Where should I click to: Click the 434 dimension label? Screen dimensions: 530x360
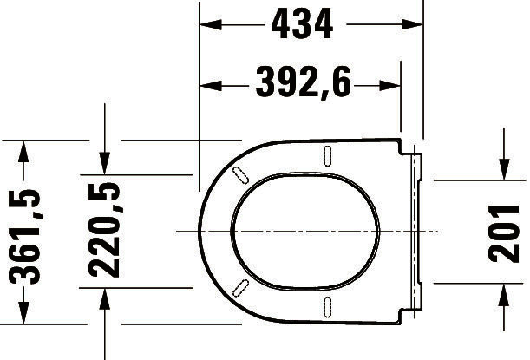(302, 24)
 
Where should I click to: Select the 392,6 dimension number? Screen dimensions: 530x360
(304, 82)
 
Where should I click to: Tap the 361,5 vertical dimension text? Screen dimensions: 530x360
(25, 237)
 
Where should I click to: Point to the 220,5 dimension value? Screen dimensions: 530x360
(105, 230)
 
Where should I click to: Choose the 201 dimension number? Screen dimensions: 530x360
(504, 233)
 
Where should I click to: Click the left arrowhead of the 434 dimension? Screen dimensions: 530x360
(210, 24)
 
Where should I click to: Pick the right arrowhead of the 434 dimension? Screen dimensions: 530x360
(412, 24)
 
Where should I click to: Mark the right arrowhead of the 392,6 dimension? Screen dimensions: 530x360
(390, 86)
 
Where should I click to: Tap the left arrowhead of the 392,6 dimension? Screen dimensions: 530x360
(210, 86)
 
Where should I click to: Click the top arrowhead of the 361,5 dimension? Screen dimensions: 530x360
(23, 152)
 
